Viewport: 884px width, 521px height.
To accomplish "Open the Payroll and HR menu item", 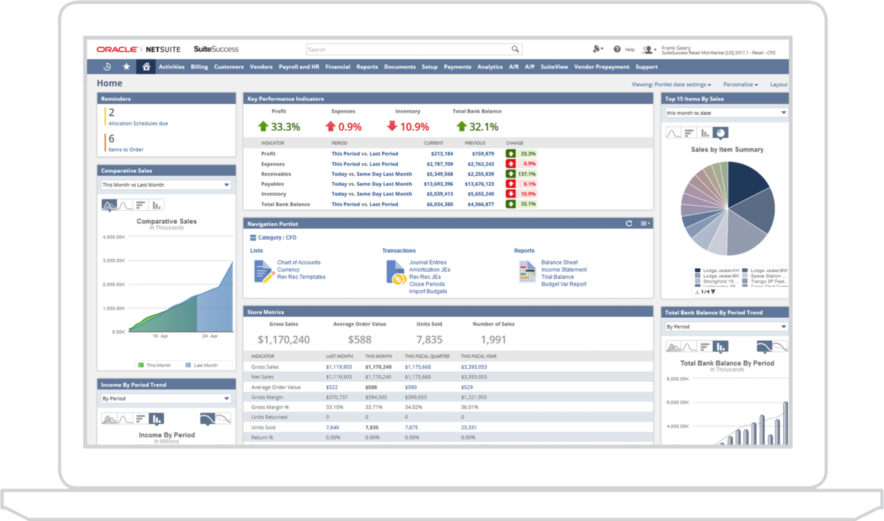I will (x=298, y=67).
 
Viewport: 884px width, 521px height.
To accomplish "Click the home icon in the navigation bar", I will (x=146, y=67).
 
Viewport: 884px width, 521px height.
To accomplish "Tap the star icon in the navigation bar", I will (x=126, y=67).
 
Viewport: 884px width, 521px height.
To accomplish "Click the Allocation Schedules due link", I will (x=138, y=124).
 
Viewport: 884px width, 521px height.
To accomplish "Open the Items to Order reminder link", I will (x=126, y=149).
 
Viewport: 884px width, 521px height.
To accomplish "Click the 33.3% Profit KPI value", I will (x=285, y=127).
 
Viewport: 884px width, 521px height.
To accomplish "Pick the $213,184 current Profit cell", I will (x=441, y=153).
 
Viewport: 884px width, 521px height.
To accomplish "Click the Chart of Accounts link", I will (x=298, y=263).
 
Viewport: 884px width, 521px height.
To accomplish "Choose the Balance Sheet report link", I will (x=559, y=263).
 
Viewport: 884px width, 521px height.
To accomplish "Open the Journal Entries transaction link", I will (x=427, y=263).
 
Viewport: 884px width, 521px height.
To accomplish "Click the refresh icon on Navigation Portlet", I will (x=628, y=224).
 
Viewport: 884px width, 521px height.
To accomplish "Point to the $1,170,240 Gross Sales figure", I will (x=283, y=340).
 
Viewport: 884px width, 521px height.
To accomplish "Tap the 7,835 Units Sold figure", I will (x=429, y=340).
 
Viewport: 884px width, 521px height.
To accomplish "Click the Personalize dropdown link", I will (x=740, y=84).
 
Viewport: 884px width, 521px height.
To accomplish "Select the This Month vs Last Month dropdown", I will (x=166, y=185).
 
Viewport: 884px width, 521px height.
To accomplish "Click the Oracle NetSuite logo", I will (x=139, y=50).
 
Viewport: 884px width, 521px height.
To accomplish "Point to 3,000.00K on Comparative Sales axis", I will (x=113, y=260).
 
